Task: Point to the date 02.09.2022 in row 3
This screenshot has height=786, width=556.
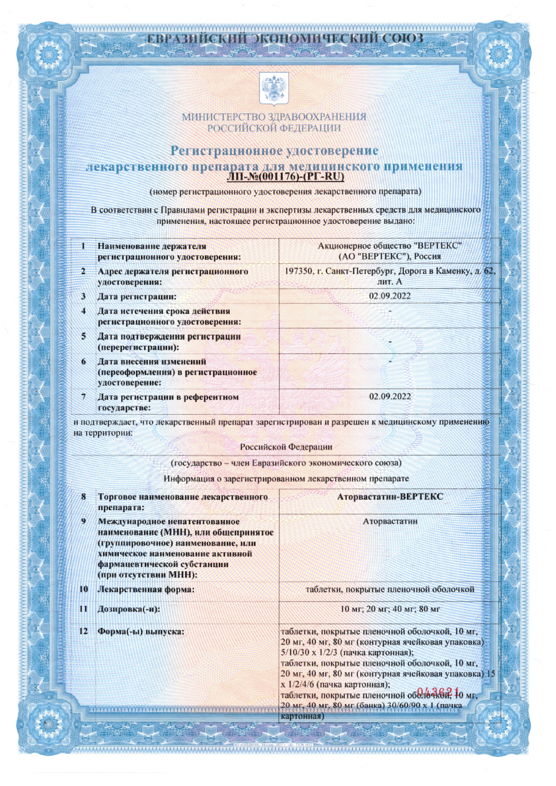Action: coord(390,296)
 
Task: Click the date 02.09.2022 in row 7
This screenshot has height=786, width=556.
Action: coord(390,396)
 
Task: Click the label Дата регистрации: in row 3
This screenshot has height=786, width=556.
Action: coord(137,296)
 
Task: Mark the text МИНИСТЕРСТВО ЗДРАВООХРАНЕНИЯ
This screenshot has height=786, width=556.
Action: coord(274,117)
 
